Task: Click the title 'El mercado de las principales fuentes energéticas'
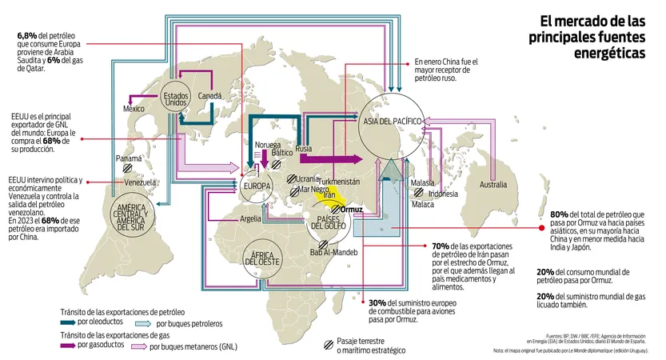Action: pos(591,37)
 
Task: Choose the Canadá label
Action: pos(209,96)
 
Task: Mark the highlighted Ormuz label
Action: pos(352,210)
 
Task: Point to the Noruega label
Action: pos(268,145)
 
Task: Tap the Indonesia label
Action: pos(443,194)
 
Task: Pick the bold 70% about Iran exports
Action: pos(440,246)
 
